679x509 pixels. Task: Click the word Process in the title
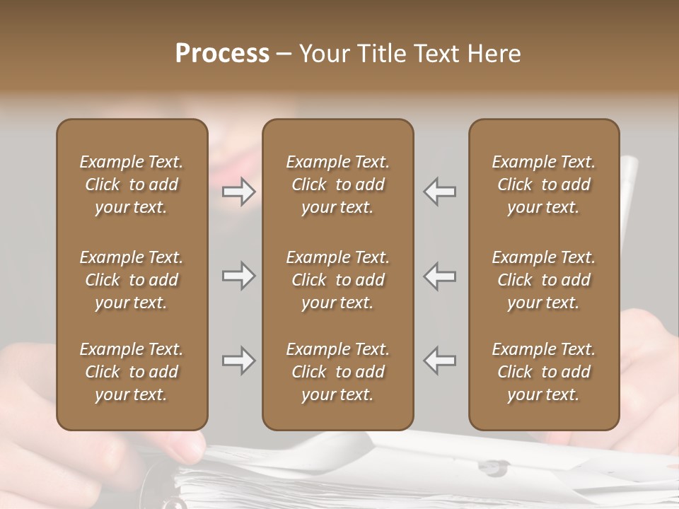(222, 54)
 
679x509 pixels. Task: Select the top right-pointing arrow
(238, 191)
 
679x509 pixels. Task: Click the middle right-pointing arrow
(238, 276)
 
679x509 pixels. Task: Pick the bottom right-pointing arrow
(238, 361)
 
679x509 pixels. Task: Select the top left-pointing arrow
(440, 191)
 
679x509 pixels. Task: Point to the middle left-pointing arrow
(440, 276)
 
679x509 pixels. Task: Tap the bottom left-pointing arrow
(440, 361)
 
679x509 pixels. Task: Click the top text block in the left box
(132, 185)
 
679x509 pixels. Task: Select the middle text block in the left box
(132, 280)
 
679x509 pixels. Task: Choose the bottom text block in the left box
(132, 372)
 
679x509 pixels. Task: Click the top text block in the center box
(338, 185)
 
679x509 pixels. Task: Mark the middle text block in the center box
(338, 280)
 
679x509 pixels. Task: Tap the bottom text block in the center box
(338, 372)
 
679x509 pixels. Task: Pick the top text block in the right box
(544, 185)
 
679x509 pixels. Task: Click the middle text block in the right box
(544, 280)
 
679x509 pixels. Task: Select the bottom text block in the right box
(544, 372)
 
